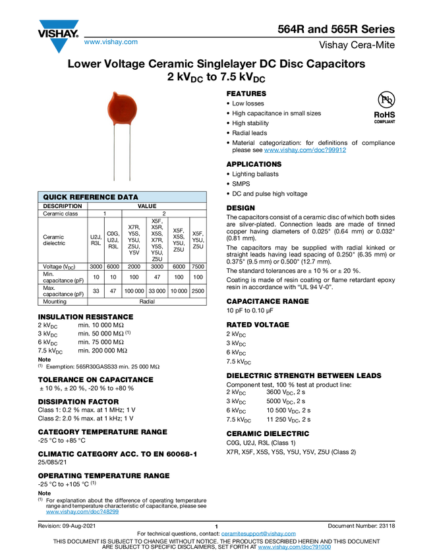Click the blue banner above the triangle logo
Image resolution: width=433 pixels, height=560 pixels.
59,24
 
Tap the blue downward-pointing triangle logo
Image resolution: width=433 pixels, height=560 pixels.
59,45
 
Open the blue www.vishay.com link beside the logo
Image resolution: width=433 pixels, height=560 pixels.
111,43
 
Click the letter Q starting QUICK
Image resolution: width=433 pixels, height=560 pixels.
46,197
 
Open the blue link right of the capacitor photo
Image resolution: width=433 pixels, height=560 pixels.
305,151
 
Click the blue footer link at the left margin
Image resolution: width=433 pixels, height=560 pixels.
82,512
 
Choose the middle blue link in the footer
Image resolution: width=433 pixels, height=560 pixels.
258,534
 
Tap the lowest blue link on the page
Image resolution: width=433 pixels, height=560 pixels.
294,547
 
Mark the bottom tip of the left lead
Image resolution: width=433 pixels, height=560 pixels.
115,181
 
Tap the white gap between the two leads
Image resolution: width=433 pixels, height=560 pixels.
123,155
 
